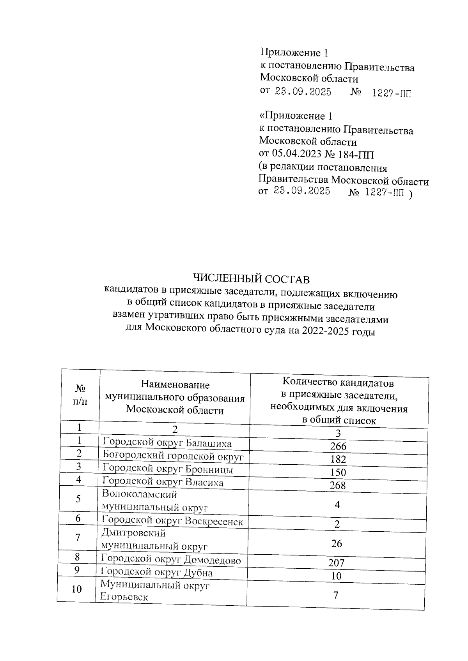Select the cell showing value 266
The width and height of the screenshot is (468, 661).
[x=338, y=446]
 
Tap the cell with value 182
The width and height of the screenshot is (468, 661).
[x=338, y=459]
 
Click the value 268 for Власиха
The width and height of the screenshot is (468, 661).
[x=338, y=485]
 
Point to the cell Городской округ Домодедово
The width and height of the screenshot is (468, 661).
[x=170, y=560]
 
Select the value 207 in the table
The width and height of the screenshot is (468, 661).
[x=337, y=562]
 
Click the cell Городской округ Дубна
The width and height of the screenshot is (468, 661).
[x=157, y=572]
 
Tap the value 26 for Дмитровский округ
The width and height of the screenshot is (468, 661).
[x=337, y=543]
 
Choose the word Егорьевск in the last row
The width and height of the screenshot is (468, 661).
[x=124, y=597]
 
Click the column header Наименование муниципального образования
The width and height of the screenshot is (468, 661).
[x=175, y=397]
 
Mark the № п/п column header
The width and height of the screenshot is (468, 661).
[x=80, y=395]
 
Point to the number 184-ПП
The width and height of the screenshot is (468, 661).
[x=357, y=154]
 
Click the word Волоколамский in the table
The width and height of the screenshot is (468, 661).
[x=139, y=494]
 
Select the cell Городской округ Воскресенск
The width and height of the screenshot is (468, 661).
[x=172, y=521]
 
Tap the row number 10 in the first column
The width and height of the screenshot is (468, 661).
[x=77, y=589]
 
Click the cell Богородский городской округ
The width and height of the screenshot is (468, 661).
[x=173, y=456]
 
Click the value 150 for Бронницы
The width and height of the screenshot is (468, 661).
[x=338, y=472]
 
